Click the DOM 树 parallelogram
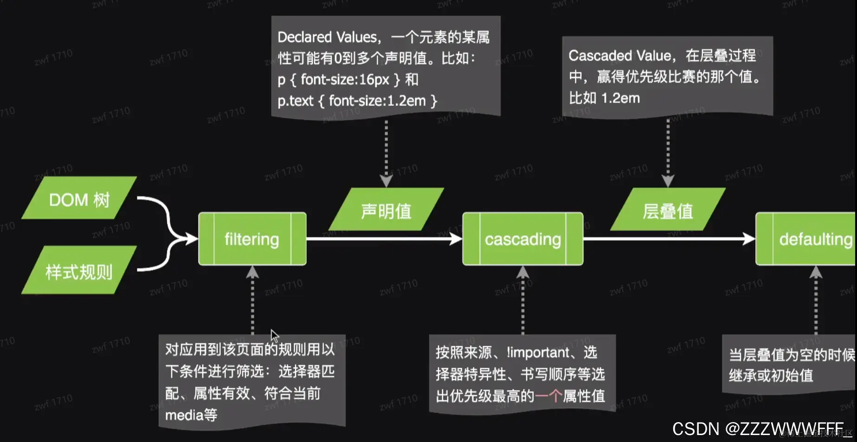79,199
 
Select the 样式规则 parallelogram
79,271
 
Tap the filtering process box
252,239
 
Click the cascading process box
522,239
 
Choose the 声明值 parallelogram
386,210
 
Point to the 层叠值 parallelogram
668,210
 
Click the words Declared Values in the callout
327,37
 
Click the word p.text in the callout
296,101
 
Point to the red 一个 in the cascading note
548,396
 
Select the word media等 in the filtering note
191,415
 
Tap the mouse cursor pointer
274,335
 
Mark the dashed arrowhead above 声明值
386,180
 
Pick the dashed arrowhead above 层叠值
668,180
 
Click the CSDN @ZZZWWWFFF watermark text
757,429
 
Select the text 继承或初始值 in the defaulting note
771,375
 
